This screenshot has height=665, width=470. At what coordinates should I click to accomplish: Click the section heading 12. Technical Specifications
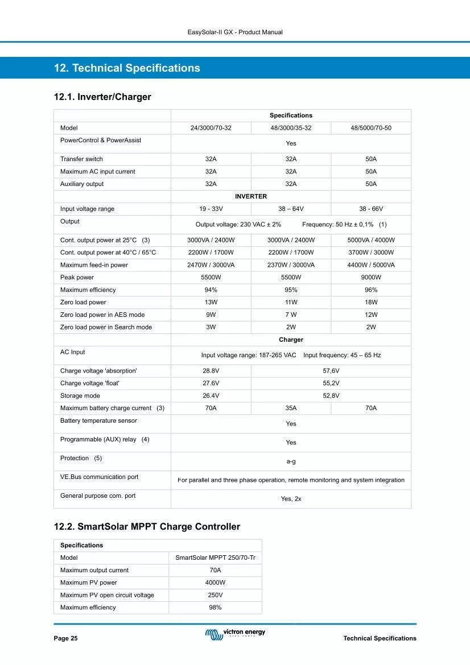click(127, 68)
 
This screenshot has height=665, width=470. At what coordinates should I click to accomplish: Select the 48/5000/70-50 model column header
click(371, 128)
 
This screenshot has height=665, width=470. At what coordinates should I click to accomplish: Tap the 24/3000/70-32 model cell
click(211, 128)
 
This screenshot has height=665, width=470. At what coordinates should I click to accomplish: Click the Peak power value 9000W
click(371, 278)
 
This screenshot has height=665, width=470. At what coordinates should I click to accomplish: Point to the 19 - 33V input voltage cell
click(211, 209)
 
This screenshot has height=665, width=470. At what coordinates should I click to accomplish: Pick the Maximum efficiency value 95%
click(291, 290)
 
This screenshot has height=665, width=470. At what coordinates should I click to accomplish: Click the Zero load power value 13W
click(211, 303)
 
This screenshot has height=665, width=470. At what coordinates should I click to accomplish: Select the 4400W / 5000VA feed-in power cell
click(371, 265)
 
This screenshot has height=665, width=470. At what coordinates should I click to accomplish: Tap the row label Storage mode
click(80, 396)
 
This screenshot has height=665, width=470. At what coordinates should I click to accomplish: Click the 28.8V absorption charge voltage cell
click(211, 371)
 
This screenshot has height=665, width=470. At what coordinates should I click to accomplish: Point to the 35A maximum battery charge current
click(291, 408)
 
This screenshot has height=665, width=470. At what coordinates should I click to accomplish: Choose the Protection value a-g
click(291, 461)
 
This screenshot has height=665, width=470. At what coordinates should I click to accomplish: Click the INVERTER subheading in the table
click(251, 196)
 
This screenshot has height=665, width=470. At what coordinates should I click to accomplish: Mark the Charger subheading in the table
click(291, 340)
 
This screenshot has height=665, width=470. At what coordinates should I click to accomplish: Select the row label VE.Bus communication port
click(100, 477)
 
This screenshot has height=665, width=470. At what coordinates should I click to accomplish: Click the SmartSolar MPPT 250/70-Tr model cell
click(215, 558)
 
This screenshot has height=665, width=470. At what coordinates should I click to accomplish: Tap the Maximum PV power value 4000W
click(215, 583)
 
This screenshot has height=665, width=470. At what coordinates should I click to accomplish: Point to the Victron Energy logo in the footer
click(235, 633)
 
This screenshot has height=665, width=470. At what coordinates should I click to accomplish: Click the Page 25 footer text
click(66, 638)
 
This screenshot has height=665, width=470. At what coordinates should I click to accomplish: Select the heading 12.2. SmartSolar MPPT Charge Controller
click(147, 527)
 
